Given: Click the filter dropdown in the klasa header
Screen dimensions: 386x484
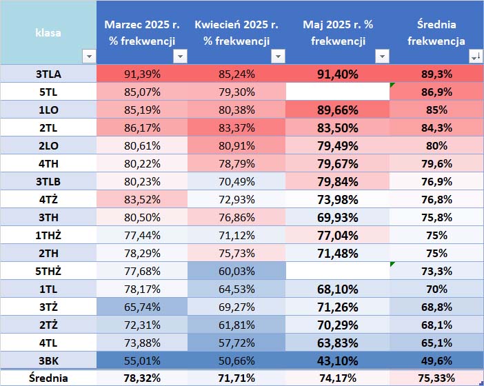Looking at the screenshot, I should click(x=88, y=57).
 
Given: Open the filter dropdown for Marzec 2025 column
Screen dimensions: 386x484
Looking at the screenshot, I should click(x=180, y=57).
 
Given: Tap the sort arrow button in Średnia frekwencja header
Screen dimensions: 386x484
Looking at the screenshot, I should click(x=475, y=57).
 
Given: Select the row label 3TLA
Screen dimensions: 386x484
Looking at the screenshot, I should click(x=48, y=73).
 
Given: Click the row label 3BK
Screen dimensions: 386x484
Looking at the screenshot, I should click(x=48, y=360).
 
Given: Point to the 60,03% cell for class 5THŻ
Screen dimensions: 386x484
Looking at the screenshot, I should click(x=236, y=270).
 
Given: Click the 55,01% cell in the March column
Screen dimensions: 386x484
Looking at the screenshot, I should click(x=142, y=360).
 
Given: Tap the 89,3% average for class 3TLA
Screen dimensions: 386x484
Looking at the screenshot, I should click(x=436, y=73).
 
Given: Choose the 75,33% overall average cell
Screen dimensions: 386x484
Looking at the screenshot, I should click(x=436, y=378).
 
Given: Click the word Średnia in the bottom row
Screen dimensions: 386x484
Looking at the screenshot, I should click(x=48, y=378).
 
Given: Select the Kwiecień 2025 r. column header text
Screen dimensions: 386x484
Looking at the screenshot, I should click(x=236, y=25).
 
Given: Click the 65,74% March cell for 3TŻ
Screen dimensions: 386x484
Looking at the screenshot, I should click(x=142, y=306).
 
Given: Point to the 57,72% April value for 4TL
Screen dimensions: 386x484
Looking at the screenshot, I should click(x=236, y=342).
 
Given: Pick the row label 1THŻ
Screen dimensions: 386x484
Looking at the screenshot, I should click(x=48, y=234).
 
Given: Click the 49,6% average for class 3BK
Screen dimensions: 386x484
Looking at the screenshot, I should click(x=436, y=360).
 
